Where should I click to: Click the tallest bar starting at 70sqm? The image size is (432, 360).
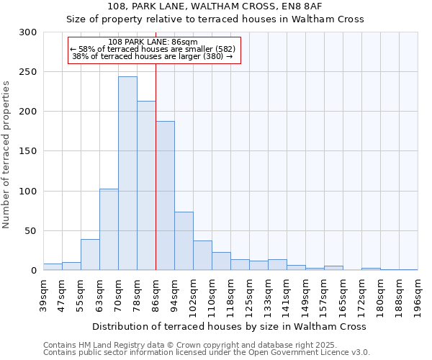point(127,174)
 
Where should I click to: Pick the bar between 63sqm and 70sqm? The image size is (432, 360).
point(109,230)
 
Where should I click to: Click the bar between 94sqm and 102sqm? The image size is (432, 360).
point(184,241)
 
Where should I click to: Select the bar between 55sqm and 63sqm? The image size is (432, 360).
point(90,255)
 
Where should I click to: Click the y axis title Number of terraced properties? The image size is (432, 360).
point(6,154)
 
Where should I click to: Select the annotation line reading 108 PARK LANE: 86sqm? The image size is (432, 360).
point(152,42)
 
